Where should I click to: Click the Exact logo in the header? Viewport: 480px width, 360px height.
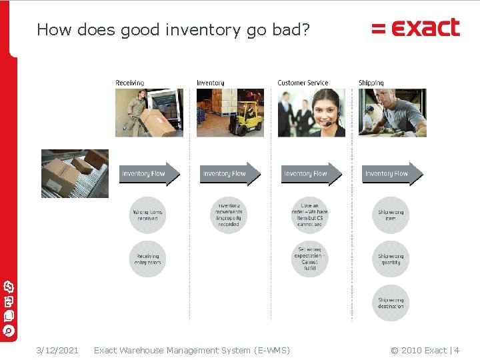pos(416,28)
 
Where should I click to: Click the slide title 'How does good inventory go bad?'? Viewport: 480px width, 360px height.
pos(173,30)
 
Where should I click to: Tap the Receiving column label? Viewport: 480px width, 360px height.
pos(129,83)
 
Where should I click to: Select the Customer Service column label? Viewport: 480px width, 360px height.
pos(303,83)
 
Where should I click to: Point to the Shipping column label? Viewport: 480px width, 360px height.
pos(371,83)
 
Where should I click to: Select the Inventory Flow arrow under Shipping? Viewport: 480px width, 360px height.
pos(392,173)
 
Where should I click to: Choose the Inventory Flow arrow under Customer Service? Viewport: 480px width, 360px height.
pos(311,173)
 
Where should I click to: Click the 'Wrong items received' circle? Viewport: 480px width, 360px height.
pos(148,215)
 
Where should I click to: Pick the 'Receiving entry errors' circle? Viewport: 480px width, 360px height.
pos(148,259)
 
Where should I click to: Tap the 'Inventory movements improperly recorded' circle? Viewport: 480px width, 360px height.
pos(229,215)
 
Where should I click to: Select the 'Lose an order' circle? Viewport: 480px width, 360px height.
pos(309,215)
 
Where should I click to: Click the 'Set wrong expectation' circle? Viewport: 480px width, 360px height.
pos(309,259)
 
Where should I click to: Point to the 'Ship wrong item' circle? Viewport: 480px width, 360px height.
pos(391,215)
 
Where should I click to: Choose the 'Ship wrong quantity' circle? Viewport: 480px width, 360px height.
pos(391,259)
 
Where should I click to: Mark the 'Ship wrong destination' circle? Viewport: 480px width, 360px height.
pos(391,303)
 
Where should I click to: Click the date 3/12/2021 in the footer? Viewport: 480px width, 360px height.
pos(57,350)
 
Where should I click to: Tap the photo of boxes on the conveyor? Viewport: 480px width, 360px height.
pos(75,173)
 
